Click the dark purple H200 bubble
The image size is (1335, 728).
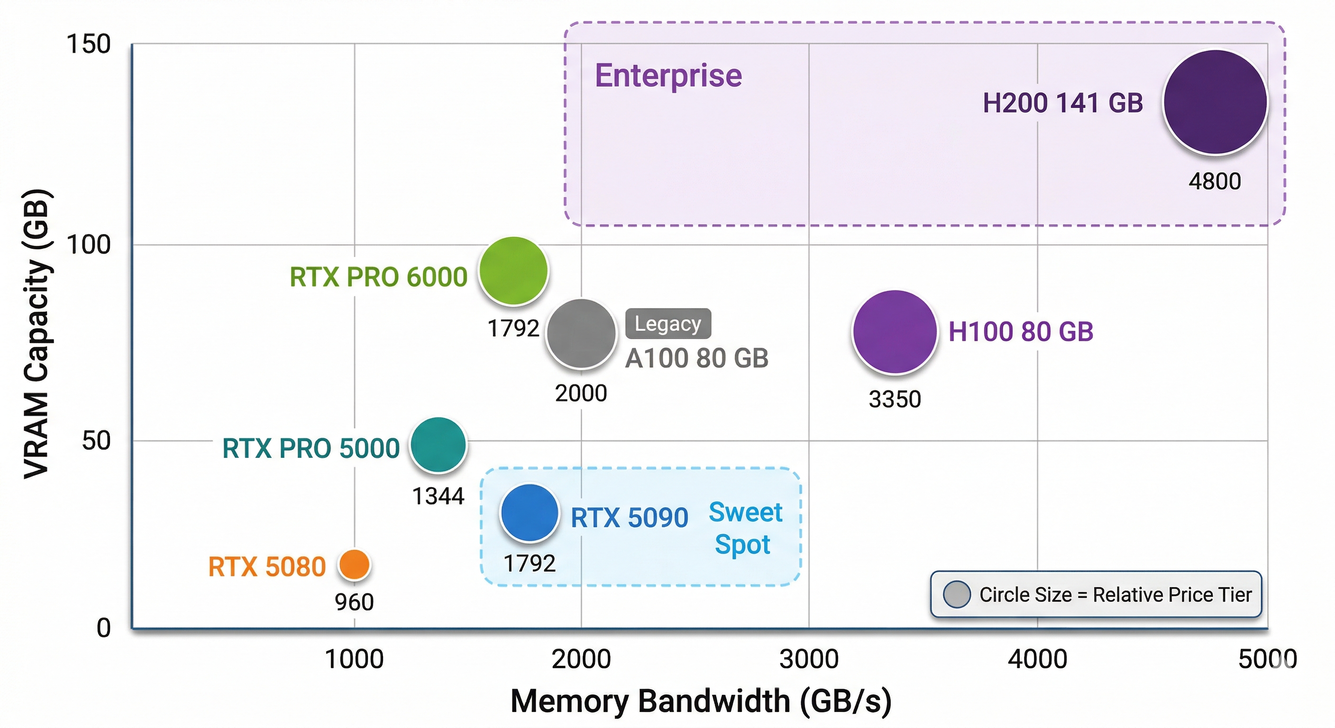(x=1215, y=102)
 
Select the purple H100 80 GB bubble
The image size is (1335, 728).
(x=895, y=332)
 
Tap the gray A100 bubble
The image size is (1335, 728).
(x=582, y=334)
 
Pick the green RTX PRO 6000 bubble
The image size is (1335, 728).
(x=513, y=271)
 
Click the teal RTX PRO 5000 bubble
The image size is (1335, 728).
(x=439, y=445)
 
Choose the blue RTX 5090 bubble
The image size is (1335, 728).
(x=529, y=513)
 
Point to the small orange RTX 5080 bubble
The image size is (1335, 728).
(x=354, y=565)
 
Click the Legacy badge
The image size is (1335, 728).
(x=668, y=324)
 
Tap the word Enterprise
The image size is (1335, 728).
(x=668, y=76)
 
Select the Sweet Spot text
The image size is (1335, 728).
(x=745, y=528)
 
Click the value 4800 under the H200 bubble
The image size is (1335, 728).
(x=1214, y=182)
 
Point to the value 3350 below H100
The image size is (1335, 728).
(x=895, y=400)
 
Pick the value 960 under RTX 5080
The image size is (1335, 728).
(x=354, y=602)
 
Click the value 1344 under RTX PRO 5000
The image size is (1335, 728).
(x=438, y=496)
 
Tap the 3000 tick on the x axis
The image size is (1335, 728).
(x=809, y=659)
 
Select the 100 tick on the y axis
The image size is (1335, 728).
(x=89, y=245)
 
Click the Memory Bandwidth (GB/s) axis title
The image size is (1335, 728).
(x=701, y=701)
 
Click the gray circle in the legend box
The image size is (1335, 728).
(x=957, y=594)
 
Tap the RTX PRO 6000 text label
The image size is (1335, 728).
(x=378, y=277)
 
